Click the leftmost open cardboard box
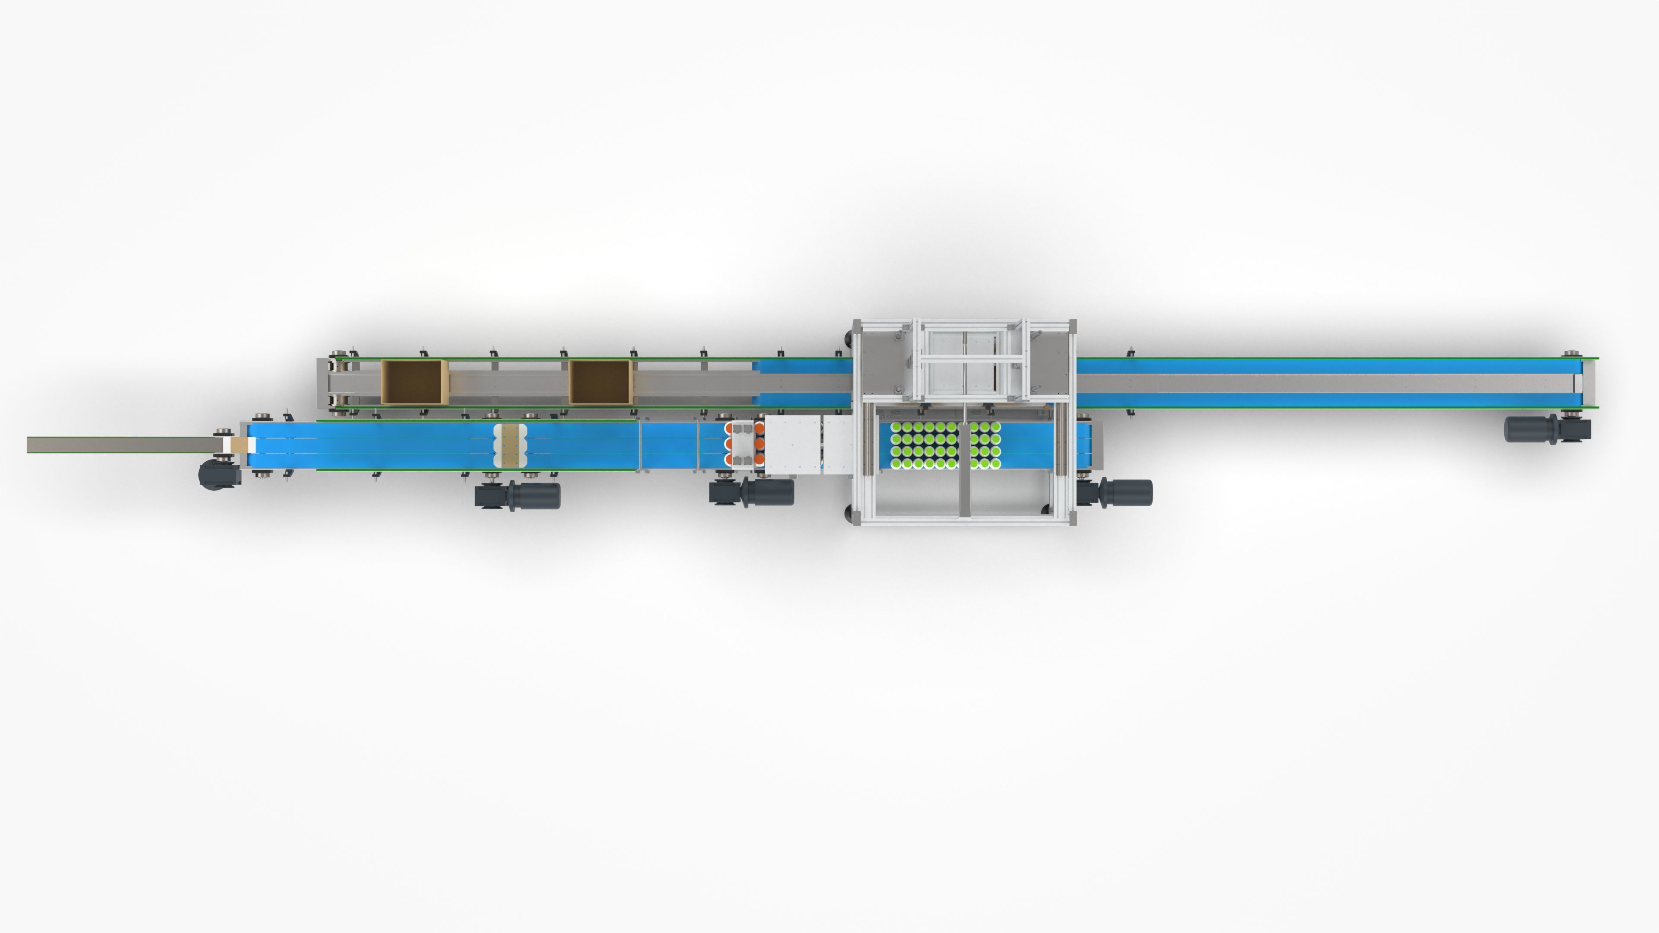[413, 382]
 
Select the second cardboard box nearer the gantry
[600, 382]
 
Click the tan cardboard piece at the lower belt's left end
[240, 444]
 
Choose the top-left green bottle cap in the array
[896, 427]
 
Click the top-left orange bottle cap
[728, 428]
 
